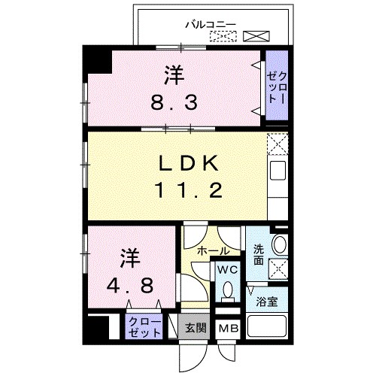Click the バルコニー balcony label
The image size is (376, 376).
tap(211, 23)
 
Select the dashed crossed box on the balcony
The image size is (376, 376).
tap(228, 35)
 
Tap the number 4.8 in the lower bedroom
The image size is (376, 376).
tap(132, 286)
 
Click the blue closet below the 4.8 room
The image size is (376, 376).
tap(144, 326)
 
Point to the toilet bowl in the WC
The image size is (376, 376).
tap(228, 290)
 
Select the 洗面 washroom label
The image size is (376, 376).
tap(259, 255)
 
